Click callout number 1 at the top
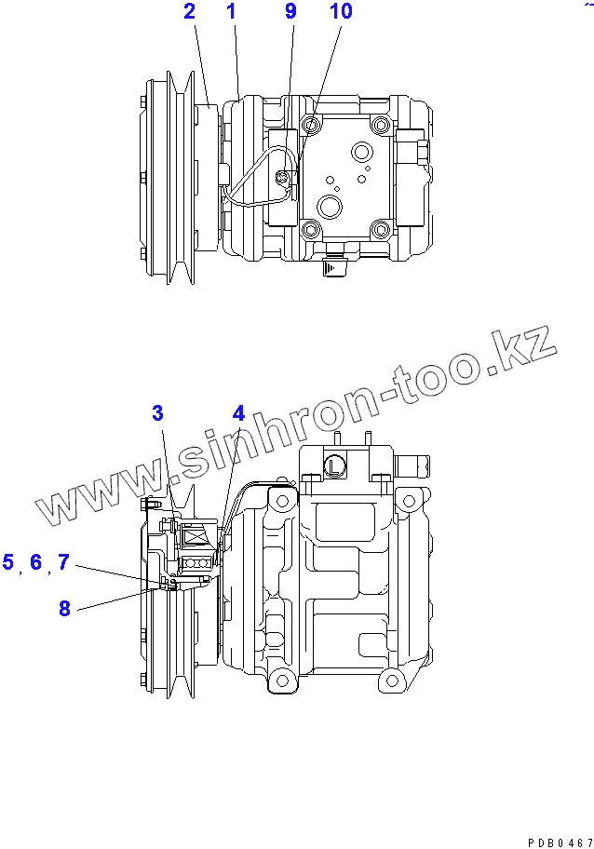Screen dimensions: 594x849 231,12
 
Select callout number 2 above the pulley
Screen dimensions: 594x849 189,12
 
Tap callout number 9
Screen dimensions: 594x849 290,12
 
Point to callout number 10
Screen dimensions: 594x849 341,12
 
